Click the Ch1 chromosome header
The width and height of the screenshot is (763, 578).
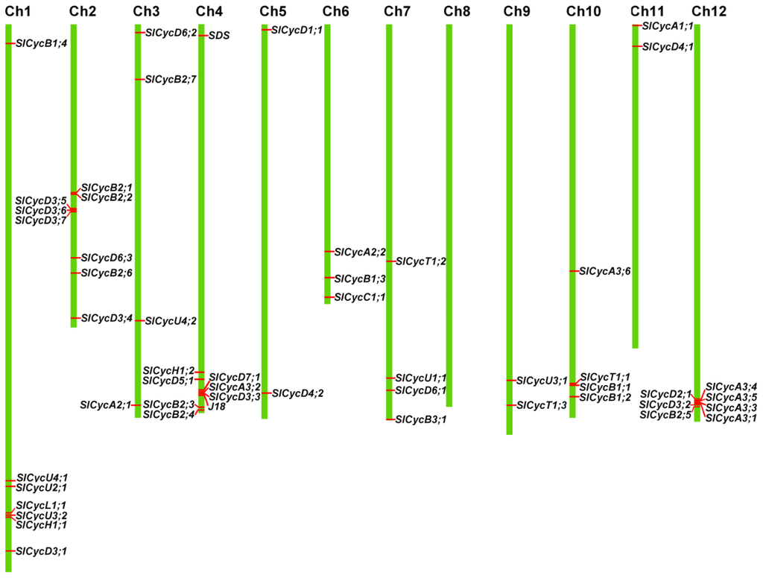coord(18,10)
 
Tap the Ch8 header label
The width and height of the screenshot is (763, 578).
coord(457,10)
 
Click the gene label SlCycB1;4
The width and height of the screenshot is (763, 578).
coord(41,43)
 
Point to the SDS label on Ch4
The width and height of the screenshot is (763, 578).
coord(219,35)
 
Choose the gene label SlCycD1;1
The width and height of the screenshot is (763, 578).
coord(297,30)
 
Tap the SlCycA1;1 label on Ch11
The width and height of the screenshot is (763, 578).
coord(668,26)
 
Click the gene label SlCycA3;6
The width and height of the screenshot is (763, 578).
coord(605,271)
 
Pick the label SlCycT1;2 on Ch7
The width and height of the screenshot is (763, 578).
coord(420,261)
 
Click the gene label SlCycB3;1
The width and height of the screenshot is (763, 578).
coord(421,420)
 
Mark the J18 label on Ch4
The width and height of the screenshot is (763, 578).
coord(217,407)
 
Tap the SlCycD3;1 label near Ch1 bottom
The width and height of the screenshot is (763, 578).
coord(41,551)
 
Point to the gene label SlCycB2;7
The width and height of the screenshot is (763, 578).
coord(171,80)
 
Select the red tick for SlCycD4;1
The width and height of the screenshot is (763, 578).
coord(636,47)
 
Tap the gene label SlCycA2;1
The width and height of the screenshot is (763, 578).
coord(106,405)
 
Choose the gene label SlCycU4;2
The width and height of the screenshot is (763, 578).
coord(171,321)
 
